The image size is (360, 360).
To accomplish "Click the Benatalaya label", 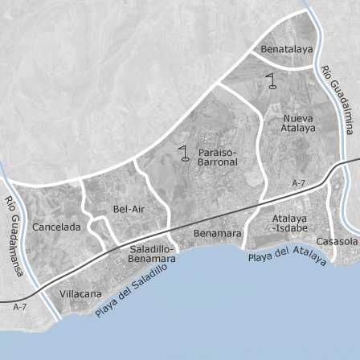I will click(x=286, y=50).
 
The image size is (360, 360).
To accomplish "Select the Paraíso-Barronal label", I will click(x=218, y=157).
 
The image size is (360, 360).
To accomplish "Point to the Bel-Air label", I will click(x=129, y=209).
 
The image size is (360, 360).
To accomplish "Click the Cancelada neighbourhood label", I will click(x=56, y=227).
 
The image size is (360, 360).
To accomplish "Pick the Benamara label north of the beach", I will click(x=217, y=234).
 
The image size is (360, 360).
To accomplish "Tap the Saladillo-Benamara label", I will click(x=152, y=254).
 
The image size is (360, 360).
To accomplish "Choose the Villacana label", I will click(x=81, y=294).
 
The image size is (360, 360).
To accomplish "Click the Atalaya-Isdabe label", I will click(x=289, y=223).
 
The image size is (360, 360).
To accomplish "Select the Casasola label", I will click(x=337, y=241).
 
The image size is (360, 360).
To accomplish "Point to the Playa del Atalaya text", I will click(x=287, y=256).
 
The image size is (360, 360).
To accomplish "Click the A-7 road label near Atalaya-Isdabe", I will click(x=298, y=184).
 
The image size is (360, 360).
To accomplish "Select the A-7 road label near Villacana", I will click(x=20, y=308).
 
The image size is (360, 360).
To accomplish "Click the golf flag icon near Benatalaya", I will click(x=273, y=80).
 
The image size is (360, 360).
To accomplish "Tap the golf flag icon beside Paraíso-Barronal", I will click(x=185, y=152).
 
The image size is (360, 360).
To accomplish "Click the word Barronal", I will click(x=218, y=162).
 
